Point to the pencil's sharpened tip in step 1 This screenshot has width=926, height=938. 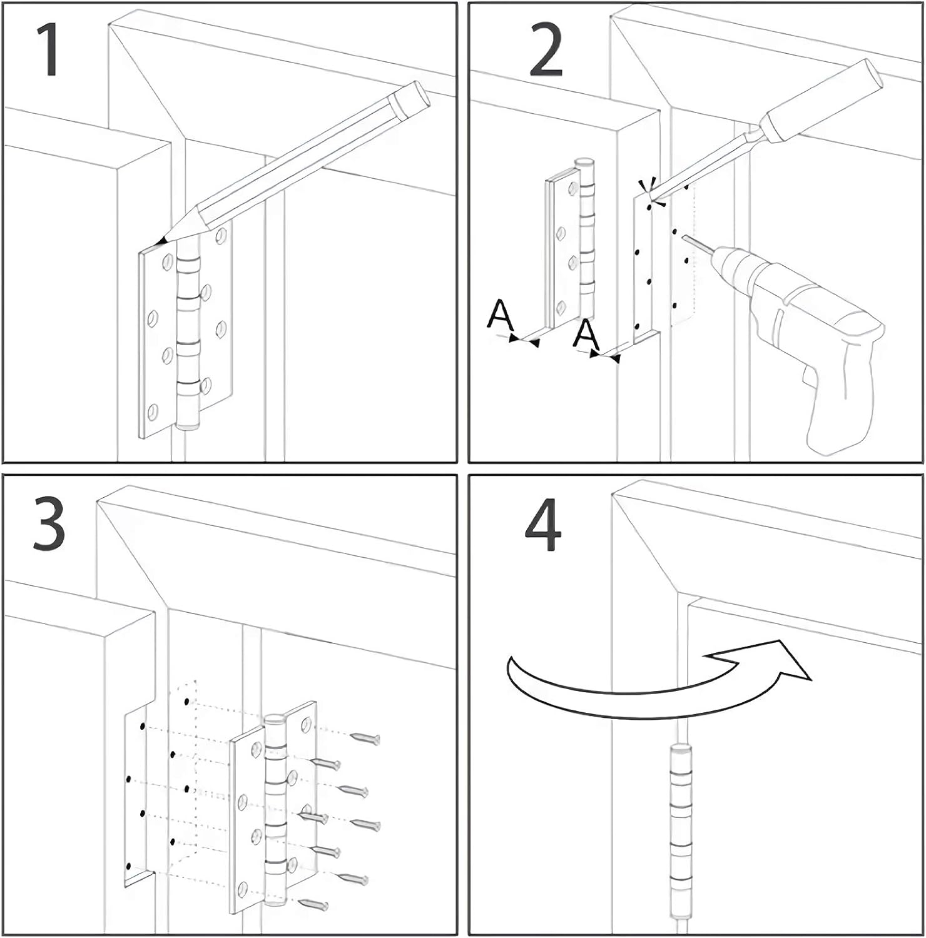[x=162, y=241]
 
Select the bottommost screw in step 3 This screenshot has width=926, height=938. [x=314, y=904]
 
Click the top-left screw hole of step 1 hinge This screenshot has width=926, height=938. [x=167, y=262]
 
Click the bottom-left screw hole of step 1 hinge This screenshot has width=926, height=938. [x=153, y=412]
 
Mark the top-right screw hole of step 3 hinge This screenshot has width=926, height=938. [x=306, y=725]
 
